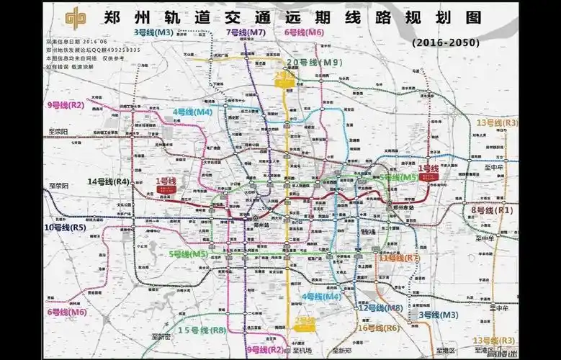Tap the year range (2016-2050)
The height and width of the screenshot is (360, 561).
[446, 43]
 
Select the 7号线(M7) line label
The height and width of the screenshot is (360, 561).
[246, 32]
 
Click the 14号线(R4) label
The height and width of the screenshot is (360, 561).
[108, 182]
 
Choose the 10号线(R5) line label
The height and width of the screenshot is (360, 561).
[66, 228]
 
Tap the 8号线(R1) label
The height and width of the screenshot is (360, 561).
[491, 210]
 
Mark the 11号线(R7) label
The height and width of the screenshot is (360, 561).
[403, 257]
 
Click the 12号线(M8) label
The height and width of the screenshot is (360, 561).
[380, 308]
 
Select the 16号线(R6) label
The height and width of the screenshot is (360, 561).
[379, 328]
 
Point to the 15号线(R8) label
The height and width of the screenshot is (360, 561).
[202, 330]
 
